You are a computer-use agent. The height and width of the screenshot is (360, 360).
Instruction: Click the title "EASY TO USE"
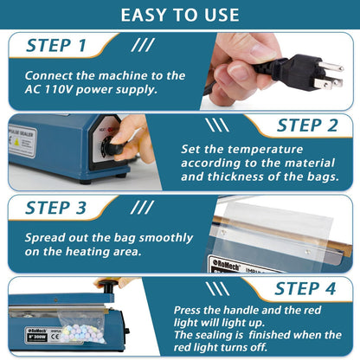[x=180, y=15]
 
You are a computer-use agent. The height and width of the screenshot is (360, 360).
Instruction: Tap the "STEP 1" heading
[x=55, y=46]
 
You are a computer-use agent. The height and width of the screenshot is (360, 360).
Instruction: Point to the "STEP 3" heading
[x=55, y=208]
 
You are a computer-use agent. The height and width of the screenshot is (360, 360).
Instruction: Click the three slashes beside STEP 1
[x=144, y=45]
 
